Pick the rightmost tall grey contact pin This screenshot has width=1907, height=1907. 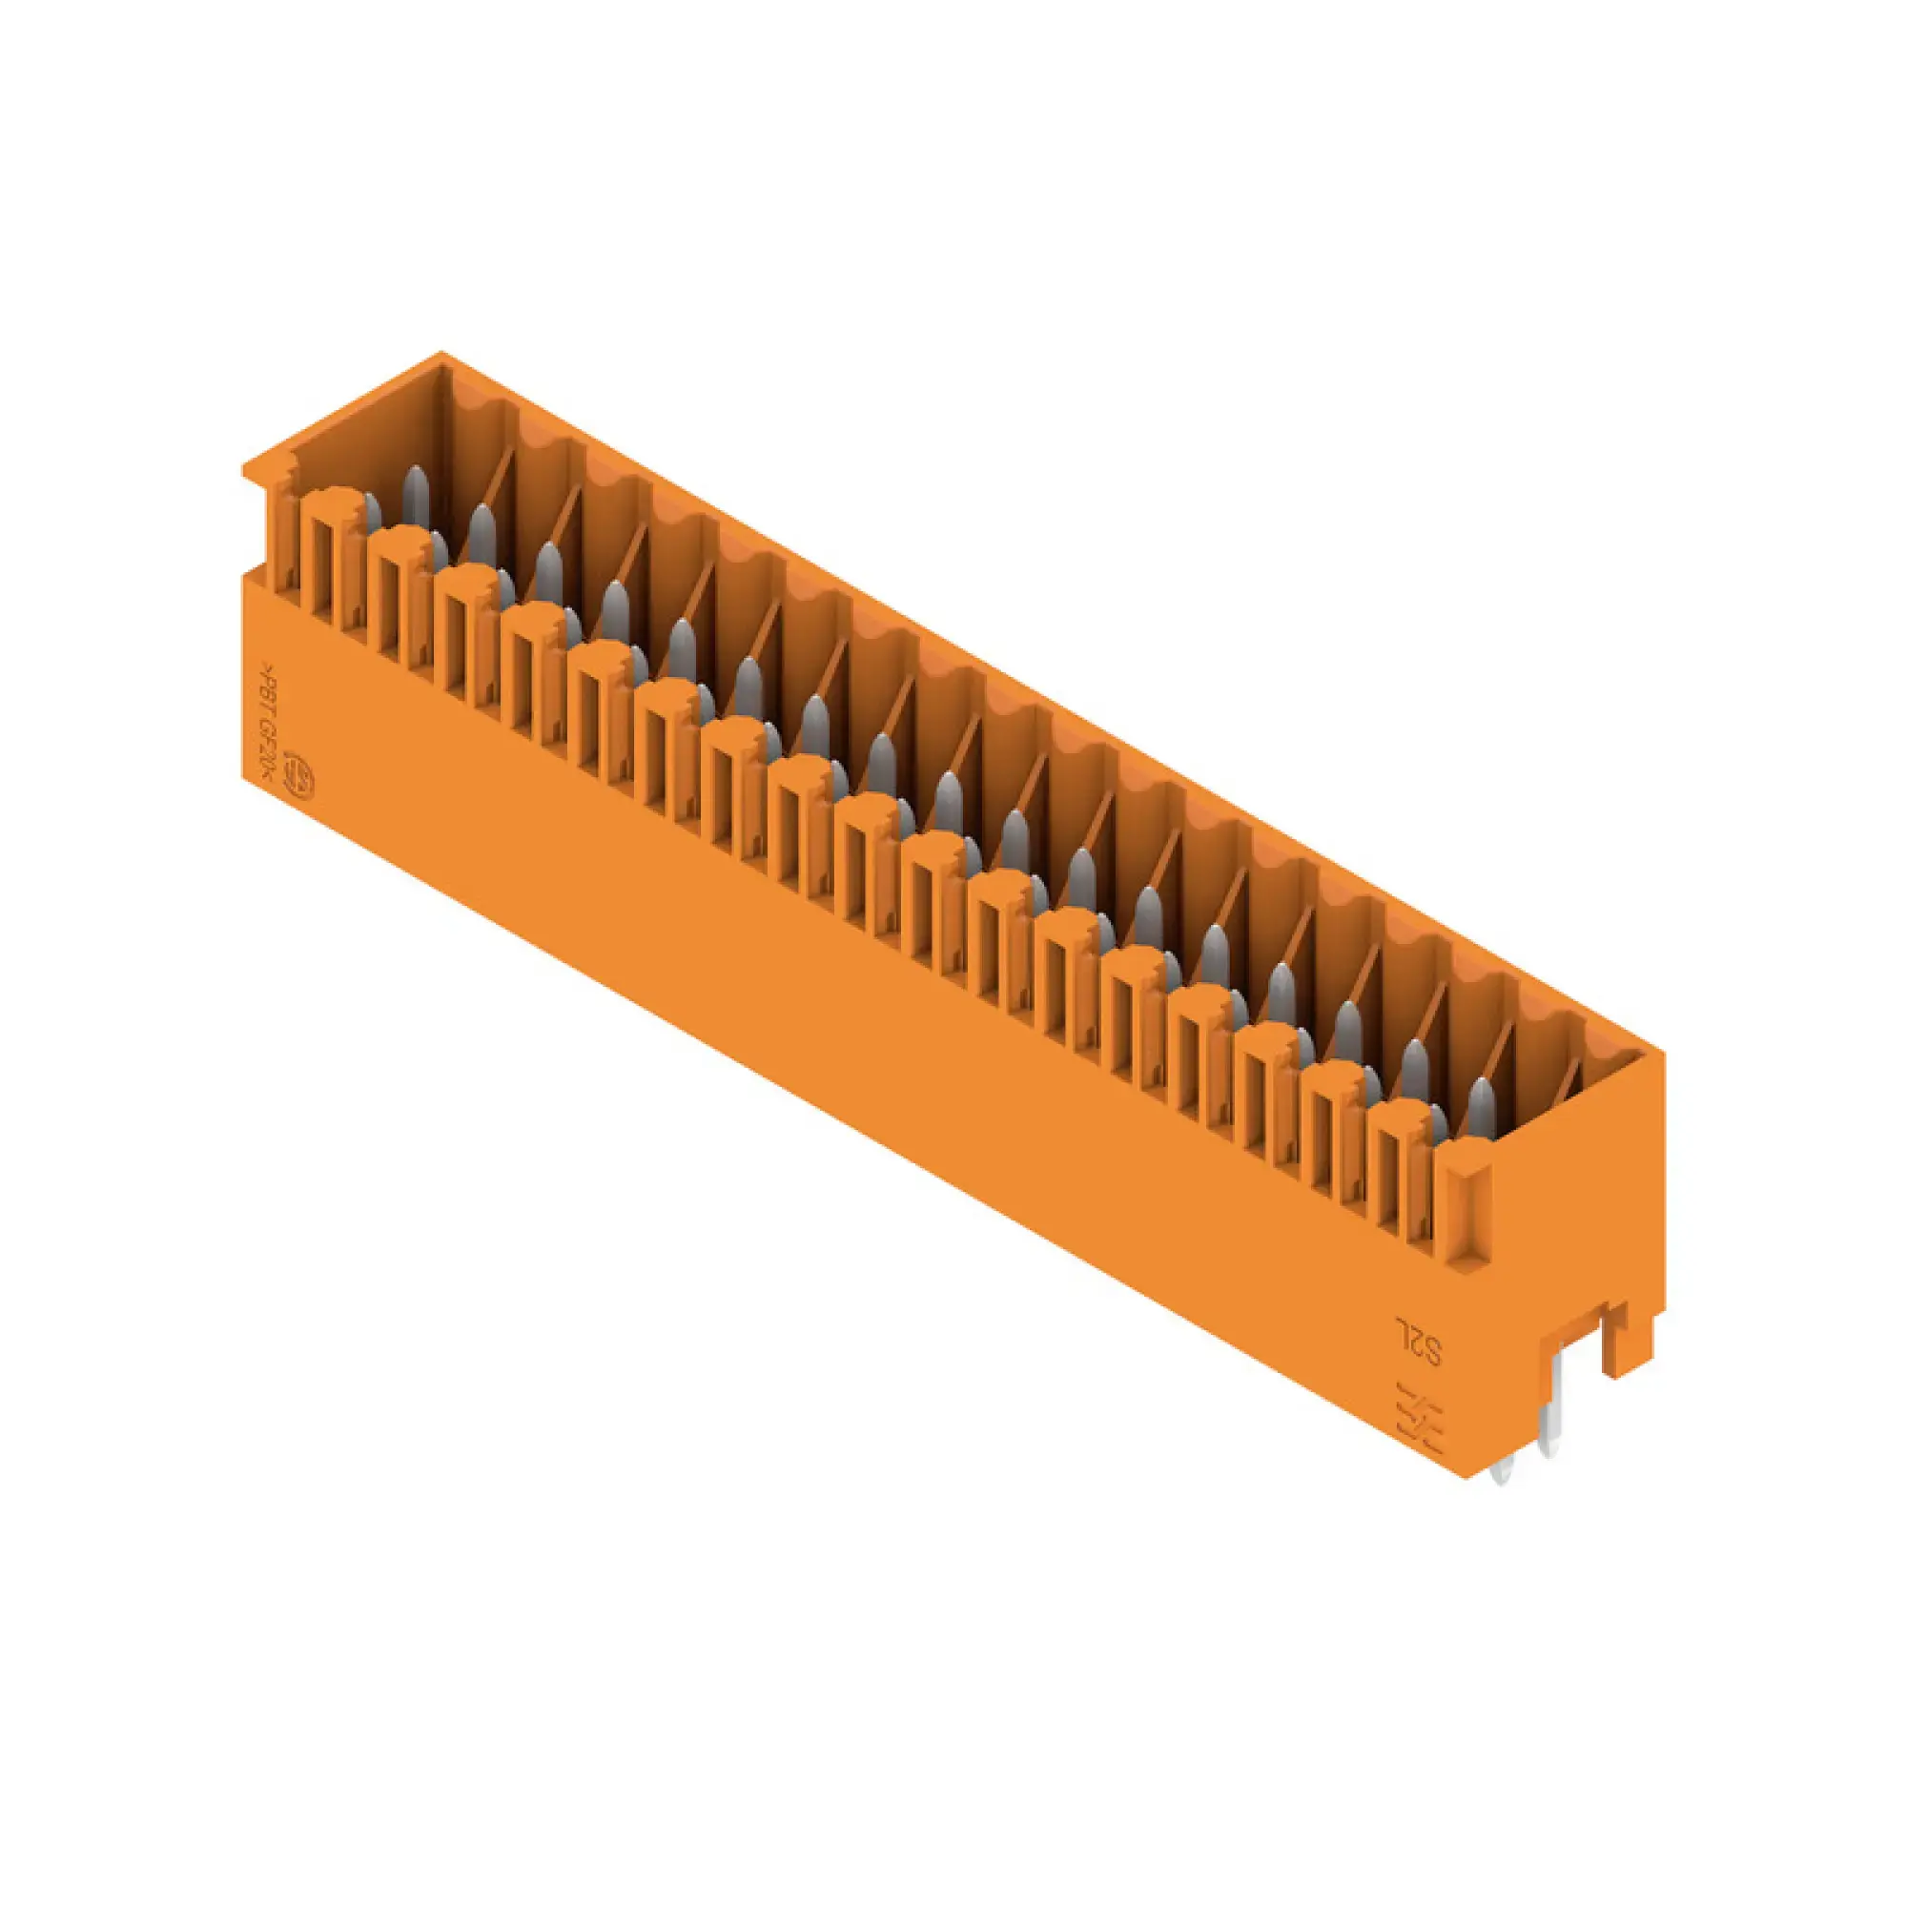1482,1106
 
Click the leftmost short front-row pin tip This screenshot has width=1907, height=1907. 372,510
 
